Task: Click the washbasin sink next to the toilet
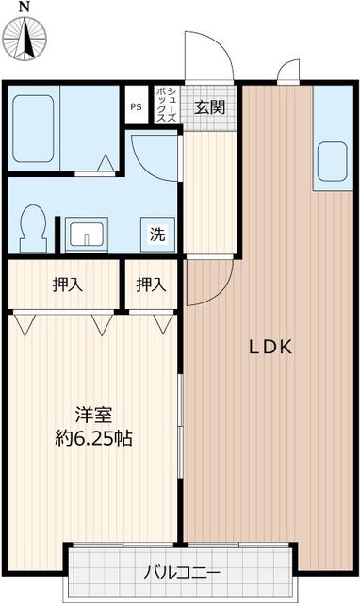[x=87, y=234]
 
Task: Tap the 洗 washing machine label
[x=156, y=235]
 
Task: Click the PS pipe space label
[x=136, y=106]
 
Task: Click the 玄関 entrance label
[x=209, y=106]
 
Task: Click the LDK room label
[x=271, y=347]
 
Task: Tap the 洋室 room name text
[x=94, y=414]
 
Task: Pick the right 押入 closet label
[x=151, y=284]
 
